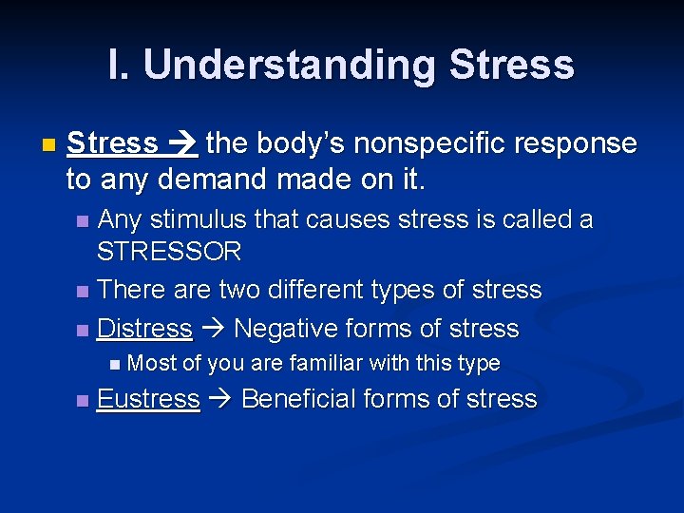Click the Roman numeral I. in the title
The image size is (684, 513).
click(x=120, y=66)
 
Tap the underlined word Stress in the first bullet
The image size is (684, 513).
click(x=113, y=143)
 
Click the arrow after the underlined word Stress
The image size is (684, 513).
click(x=181, y=144)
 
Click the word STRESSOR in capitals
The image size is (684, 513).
click(x=169, y=252)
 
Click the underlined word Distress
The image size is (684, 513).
click(x=144, y=329)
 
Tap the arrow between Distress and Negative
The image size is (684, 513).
click(x=213, y=330)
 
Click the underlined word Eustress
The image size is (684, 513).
click(x=148, y=399)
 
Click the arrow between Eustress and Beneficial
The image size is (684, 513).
click(x=220, y=400)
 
